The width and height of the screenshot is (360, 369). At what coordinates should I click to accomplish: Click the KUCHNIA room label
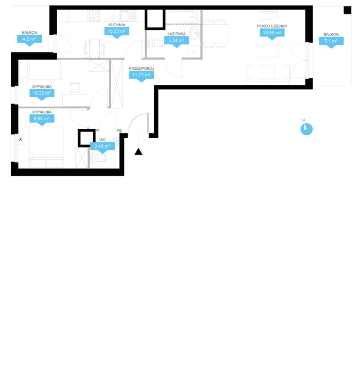click(117, 25)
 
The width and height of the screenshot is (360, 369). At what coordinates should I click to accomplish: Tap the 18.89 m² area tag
click(272, 33)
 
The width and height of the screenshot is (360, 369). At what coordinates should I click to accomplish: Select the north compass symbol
click(306, 129)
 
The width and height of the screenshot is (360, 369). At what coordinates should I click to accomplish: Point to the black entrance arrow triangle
click(139, 152)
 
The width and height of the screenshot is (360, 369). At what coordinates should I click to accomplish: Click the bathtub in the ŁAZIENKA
click(181, 17)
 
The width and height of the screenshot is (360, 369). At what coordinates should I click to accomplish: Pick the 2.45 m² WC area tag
click(103, 147)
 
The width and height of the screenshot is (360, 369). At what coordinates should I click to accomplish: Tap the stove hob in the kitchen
click(93, 15)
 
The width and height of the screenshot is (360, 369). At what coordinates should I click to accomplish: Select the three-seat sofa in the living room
click(268, 74)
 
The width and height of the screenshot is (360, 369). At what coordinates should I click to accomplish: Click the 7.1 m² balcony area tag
click(331, 41)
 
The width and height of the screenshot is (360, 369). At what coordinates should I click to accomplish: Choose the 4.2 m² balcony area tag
click(30, 39)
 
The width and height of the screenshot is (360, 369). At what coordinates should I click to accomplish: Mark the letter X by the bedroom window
click(21, 140)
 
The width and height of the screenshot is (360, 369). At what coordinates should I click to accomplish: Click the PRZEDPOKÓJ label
click(142, 68)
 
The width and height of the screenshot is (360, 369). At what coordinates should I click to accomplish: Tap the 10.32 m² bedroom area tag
click(42, 93)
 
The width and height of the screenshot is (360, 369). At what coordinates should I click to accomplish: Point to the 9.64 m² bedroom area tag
click(42, 119)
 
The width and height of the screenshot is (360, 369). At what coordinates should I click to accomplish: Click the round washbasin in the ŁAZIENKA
click(195, 33)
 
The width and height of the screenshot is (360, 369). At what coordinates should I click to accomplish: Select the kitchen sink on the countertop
click(128, 16)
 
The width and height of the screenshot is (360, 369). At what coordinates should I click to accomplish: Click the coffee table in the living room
click(268, 51)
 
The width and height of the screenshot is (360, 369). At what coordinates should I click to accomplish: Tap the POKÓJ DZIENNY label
click(272, 26)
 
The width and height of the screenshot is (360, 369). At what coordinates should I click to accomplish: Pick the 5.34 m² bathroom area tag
click(176, 40)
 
